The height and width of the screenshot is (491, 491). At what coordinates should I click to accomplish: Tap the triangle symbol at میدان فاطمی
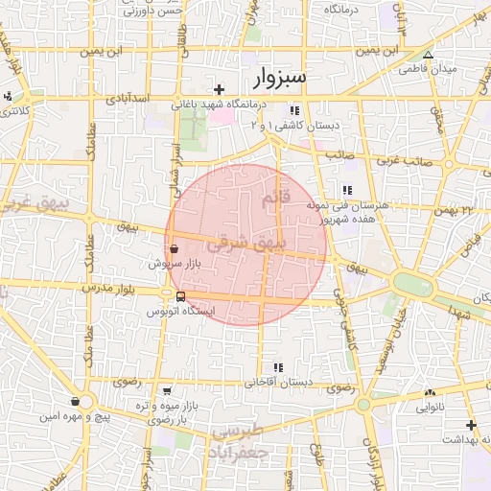tap(428, 55)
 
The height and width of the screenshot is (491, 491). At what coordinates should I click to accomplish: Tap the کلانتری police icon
tap(9, 95)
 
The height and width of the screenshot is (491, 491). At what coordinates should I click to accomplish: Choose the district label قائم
tap(273, 199)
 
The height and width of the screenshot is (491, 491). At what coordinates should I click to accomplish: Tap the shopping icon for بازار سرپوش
tap(174, 246)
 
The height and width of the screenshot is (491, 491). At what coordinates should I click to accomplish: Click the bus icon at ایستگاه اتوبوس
tap(180, 296)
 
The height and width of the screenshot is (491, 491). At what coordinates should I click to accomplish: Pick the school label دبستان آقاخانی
tap(279, 382)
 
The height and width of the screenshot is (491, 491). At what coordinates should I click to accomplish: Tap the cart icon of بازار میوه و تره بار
tap(168, 391)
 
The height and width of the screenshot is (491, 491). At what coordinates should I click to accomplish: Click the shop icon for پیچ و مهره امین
tap(76, 401)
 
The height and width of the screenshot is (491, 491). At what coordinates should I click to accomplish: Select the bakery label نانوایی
tap(429, 407)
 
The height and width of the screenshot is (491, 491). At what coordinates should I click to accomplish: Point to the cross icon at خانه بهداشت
tap(470, 425)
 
